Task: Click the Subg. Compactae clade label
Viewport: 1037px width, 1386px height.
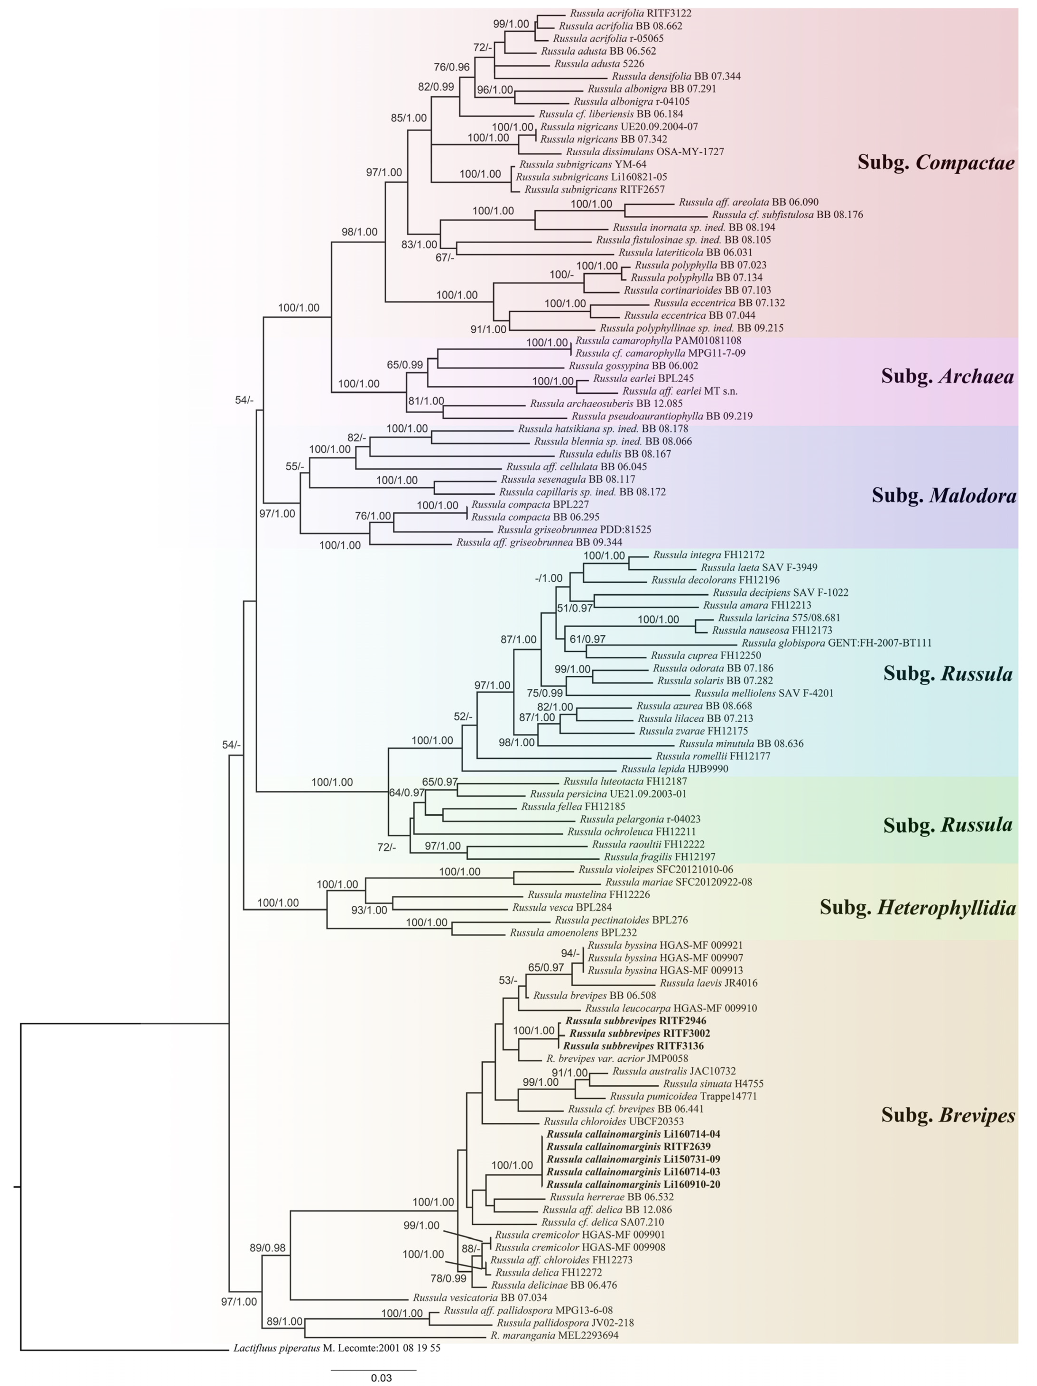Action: pyautogui.click(x=936, y=164)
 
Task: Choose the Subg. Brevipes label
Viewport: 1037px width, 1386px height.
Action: pyautogui.click(x=947, y=1115)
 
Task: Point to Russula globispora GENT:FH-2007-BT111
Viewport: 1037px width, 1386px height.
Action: pyautogui.click(x=837, y=643)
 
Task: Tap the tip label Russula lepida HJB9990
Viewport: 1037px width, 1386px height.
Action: pyautogui.click(x=674, y=769)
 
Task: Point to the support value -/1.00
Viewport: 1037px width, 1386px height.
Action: pyautogui.click(x=549, y=578)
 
